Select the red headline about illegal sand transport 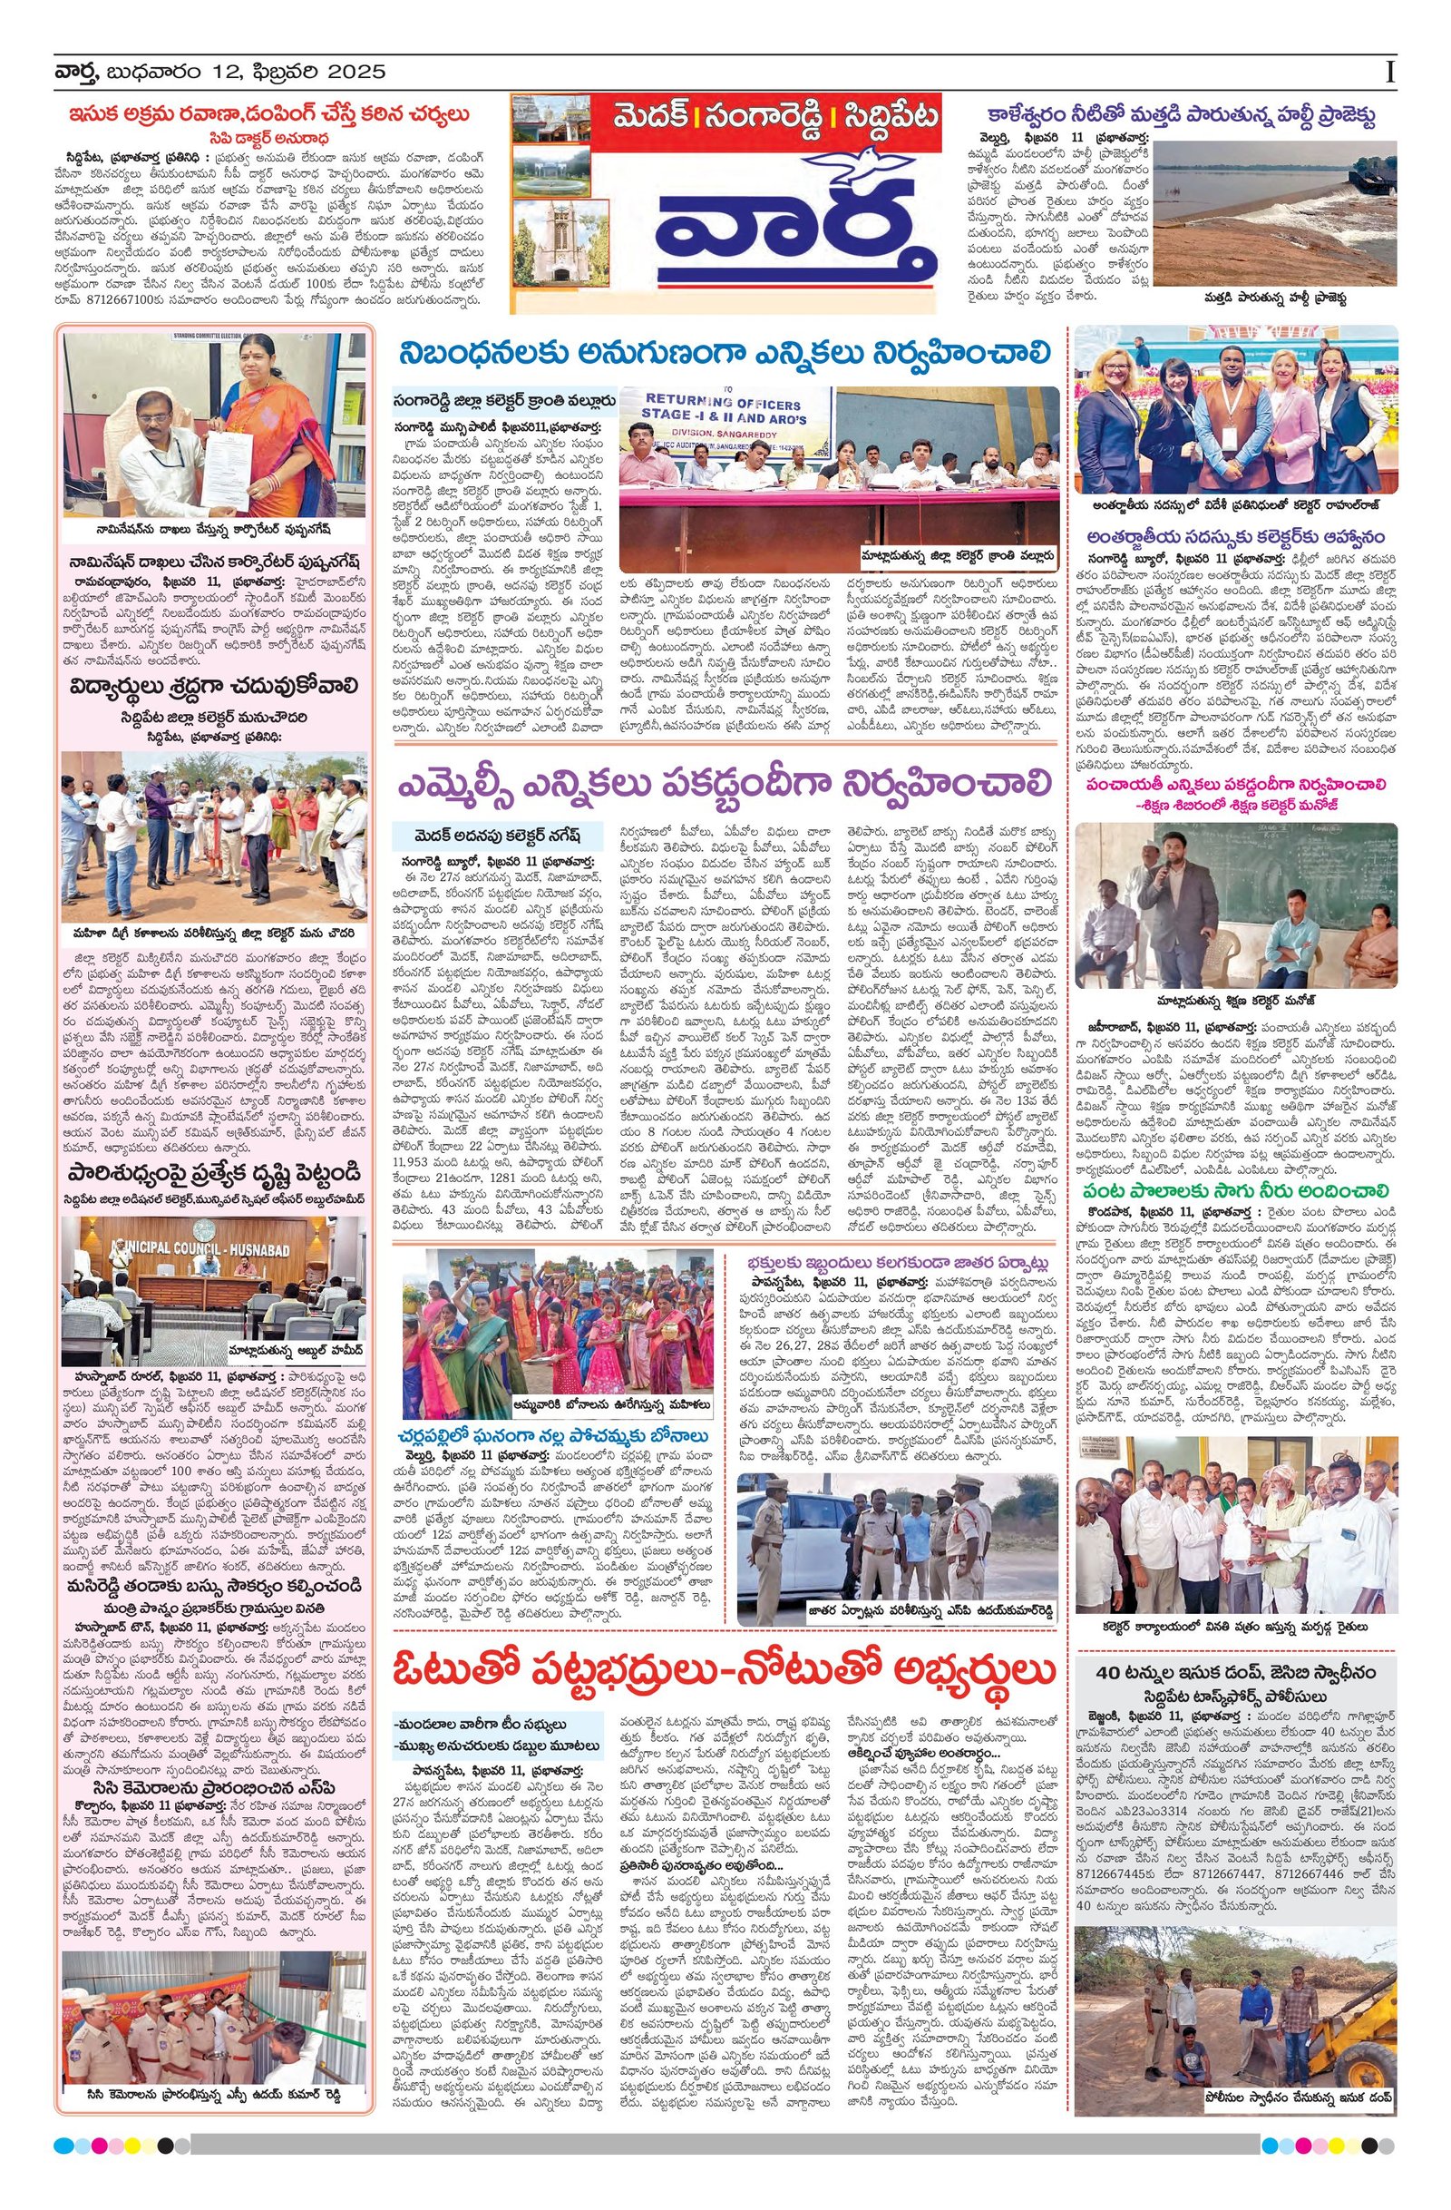point(269,115)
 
